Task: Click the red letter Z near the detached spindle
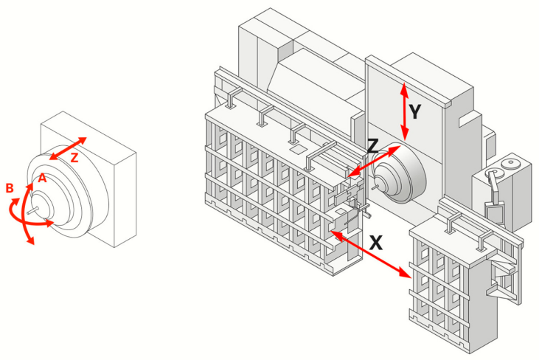pos(74,157)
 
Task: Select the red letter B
pos(10,189)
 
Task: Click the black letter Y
pos(415,111)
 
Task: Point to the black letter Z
pos(374,146)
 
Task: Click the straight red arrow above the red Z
pos(69,148)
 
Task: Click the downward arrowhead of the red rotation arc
pos(32,242)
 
